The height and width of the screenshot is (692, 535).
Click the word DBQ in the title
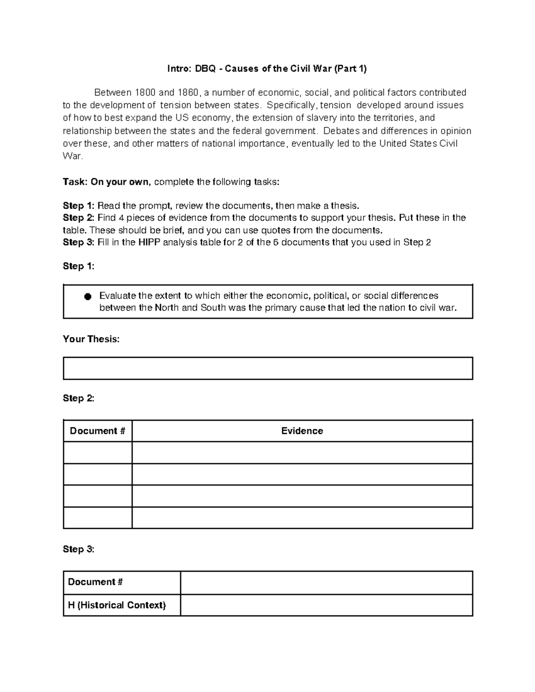[x=206, y=69]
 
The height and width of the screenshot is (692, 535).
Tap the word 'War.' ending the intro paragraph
[x=73, y=156]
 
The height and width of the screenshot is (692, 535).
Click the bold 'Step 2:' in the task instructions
[x=79, y=218]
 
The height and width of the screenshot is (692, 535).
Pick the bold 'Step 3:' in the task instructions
[x=79, y=242]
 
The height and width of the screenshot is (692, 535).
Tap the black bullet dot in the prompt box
[x=87, y=297]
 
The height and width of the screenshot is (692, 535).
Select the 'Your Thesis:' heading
[x=91, y=339]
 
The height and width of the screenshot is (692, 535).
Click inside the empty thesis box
[x=267, y=369]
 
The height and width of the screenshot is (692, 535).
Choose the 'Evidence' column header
[x=302, y=431]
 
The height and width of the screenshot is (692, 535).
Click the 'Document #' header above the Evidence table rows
[x=97, y=431]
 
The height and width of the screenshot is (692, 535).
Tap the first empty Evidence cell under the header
[x=302, y=453]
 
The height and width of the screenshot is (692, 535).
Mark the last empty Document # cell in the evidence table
[x=97, y=518]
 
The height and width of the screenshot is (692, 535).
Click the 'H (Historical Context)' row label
[x=117, y=605]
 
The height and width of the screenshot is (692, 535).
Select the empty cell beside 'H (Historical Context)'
[x=326, y=605]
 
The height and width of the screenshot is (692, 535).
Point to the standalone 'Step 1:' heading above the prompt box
[x=79, y=266]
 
